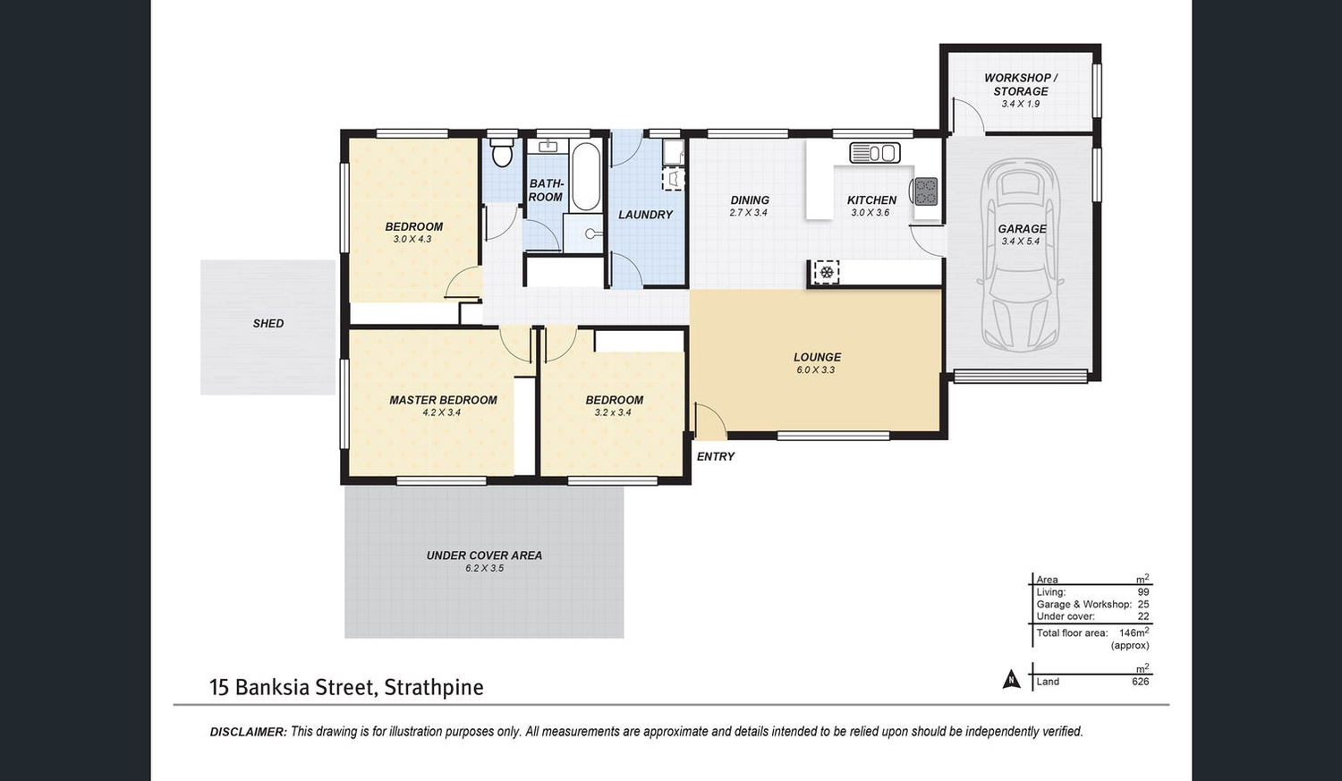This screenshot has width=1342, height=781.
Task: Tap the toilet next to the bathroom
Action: click(501, 153)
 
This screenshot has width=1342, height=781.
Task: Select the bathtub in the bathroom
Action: click(585, 176)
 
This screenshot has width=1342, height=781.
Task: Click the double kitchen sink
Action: click(875, 153)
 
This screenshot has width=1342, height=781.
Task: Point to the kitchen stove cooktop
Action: click(926, 191)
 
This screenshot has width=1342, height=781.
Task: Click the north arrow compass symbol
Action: click(1011, 679)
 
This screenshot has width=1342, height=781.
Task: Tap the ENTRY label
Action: click(716, 456)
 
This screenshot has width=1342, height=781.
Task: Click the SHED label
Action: click(268, 324)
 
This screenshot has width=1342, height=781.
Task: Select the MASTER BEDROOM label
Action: click(443, 400)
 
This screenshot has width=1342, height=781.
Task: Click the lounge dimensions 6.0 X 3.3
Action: click(815, 370)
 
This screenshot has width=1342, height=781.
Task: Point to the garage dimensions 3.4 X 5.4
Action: click(1020, 242)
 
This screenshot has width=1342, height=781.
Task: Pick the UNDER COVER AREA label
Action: click(484, 556)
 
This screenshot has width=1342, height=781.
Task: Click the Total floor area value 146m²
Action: click(1134, 632)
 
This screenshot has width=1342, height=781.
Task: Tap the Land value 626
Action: click(1140, 682)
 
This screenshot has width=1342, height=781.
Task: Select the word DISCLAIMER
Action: click(248, 732)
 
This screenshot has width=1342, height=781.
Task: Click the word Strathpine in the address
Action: click(434, 687)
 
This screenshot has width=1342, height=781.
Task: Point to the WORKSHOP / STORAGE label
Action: click(1020, 84)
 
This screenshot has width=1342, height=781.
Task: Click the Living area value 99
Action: click(1143, 591)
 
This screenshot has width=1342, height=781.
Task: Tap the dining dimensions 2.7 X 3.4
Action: click(748, 213)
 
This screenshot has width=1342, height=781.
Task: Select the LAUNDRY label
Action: click(645, 215)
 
